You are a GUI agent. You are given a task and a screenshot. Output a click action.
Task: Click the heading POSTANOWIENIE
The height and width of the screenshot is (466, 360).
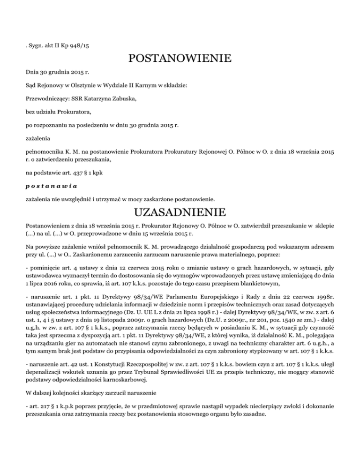click(x=180, y=59)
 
